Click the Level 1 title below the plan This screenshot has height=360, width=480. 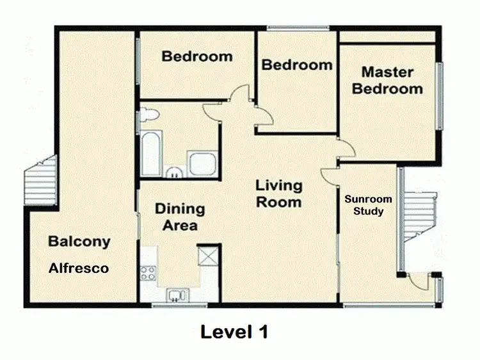pyautogui.click(x=234, y=332)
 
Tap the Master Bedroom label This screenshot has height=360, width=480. pyautogui.click(x=387, y=81)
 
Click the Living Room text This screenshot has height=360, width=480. pyautogui.click(x=279, y=193)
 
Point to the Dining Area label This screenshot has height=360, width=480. pyautogui.click(x=179, y=217)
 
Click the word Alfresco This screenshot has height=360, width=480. pyautogui.click(x=79, y=268)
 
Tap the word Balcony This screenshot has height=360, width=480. pyautogui.click(x=79, y=242)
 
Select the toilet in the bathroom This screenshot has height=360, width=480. pyautogui.click(x=148, y=115)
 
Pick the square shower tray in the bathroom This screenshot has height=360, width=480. pyautogui.click(x=202, y=163)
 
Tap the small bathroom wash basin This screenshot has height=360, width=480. pyautogui.click(x=173, y=171)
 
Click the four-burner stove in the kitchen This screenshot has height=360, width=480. pyautogui.click(x=148, y=274)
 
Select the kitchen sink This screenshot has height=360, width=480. pyautogui.click(x=175, y=295)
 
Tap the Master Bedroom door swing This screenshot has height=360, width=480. pyautogui.click(x=346, y=151)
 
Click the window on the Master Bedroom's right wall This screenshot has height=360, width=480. pyautogui.click(x=439, y=95)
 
